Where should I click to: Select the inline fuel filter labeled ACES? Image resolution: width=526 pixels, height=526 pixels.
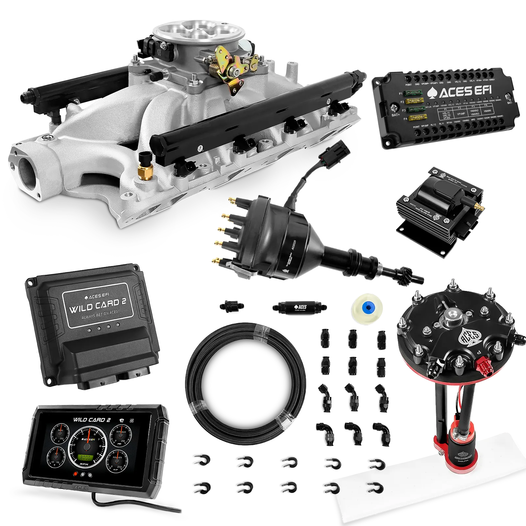pos(299,307)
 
